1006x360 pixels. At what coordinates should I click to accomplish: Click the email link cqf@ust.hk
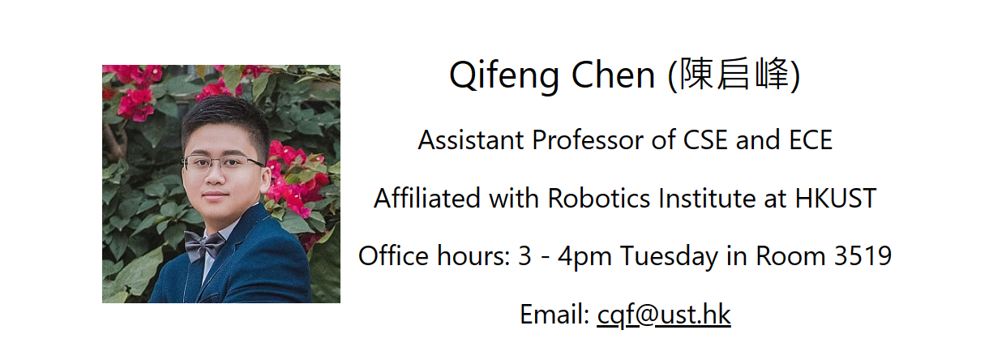pos(664,314)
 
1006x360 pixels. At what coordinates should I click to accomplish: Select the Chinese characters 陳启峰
pos(734,74)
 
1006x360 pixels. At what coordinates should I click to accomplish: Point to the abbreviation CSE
pos(705,139)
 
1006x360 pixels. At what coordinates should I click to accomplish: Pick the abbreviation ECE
pos(811,139)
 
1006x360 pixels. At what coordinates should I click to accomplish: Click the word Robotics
pos(599,198)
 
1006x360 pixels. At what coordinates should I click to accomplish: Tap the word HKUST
pos(836,198)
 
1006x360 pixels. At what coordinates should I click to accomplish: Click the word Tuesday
pos(669,257)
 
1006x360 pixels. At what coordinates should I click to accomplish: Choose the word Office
pos(393,255)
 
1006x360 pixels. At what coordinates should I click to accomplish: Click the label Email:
pos(554,314)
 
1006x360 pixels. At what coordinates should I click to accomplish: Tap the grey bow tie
pos(204,246)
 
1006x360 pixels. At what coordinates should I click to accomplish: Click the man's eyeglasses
pos(223,164)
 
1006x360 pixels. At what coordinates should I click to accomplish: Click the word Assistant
pos(471,139)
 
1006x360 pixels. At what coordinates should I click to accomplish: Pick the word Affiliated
pos(427,198)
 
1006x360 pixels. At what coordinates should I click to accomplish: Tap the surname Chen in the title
pos(613,75)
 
